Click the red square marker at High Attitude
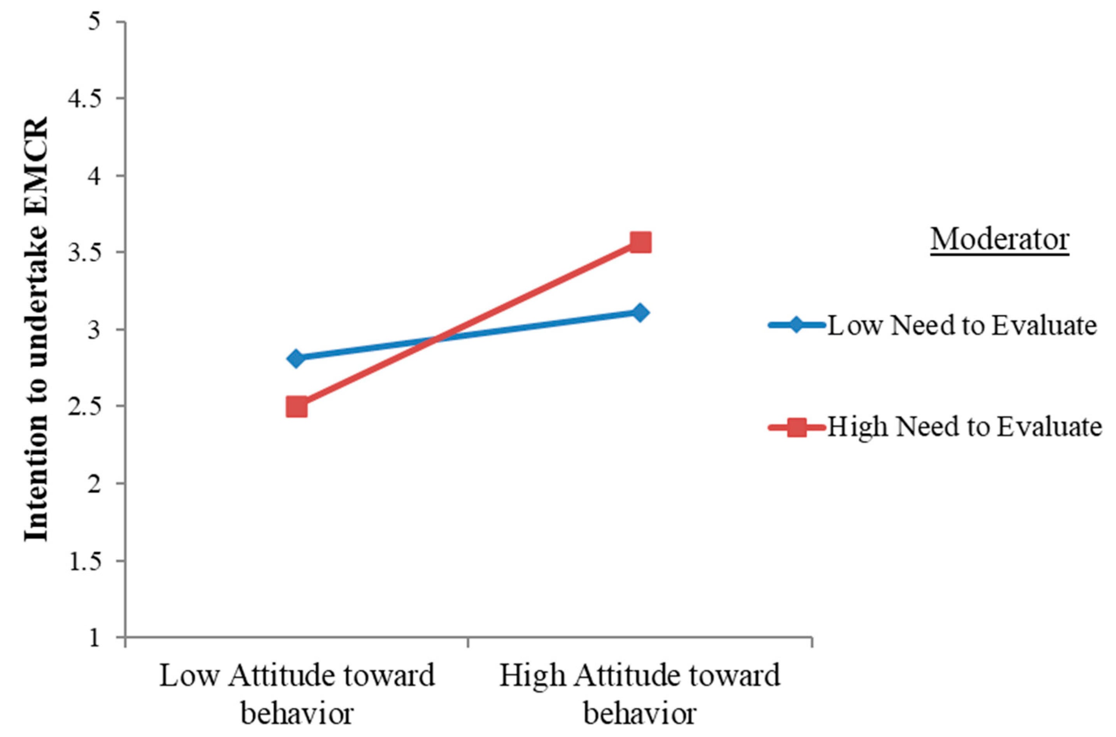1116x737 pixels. [x=640, y=243]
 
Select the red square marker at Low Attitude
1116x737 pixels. [x=297, y=407]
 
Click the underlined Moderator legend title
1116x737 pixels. [x=1000, y=240]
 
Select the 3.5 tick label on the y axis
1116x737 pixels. [x=87, y=252]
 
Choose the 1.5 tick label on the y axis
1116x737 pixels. [x=87, y=561]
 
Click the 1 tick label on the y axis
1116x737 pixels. [x=97, y=637]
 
